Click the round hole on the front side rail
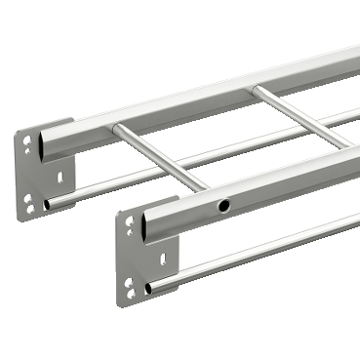coord(224,206)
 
